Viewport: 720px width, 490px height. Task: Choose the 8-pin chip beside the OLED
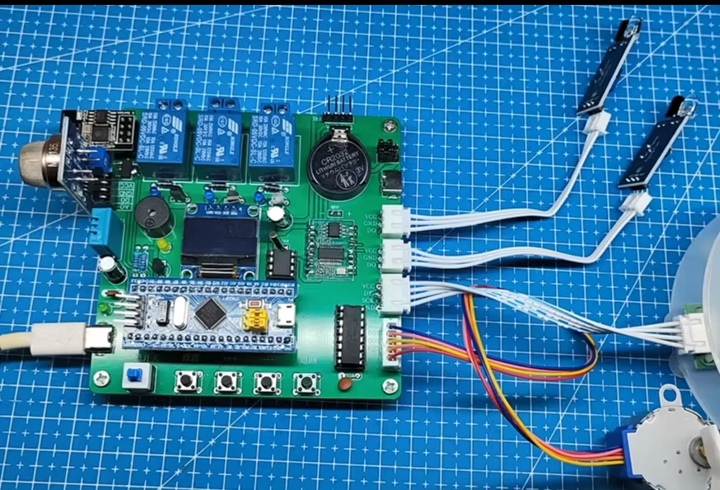coord(281,263)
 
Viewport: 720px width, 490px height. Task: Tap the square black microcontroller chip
coord(213,312)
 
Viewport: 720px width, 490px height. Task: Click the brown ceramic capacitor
coord(344,383)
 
